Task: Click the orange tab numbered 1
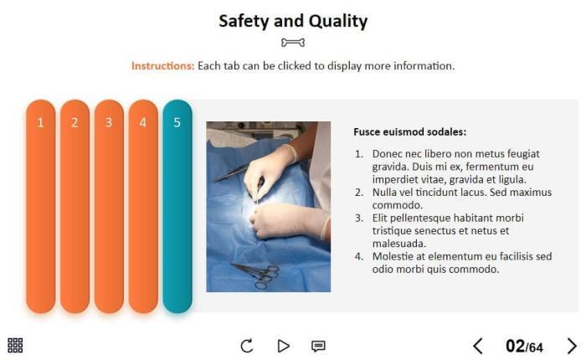41,206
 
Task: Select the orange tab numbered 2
75,206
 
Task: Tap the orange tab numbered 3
109,206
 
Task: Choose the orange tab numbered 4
143,206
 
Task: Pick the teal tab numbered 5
177,206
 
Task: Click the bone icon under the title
293,43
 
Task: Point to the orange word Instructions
162,66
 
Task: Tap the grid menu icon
15,346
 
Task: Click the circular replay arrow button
247,346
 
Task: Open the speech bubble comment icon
318,346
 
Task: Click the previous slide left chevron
478,346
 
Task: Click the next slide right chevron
572,346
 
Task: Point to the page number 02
516,346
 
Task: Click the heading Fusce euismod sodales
410,132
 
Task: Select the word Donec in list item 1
387,154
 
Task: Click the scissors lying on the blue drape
256,275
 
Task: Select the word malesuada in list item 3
399,244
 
